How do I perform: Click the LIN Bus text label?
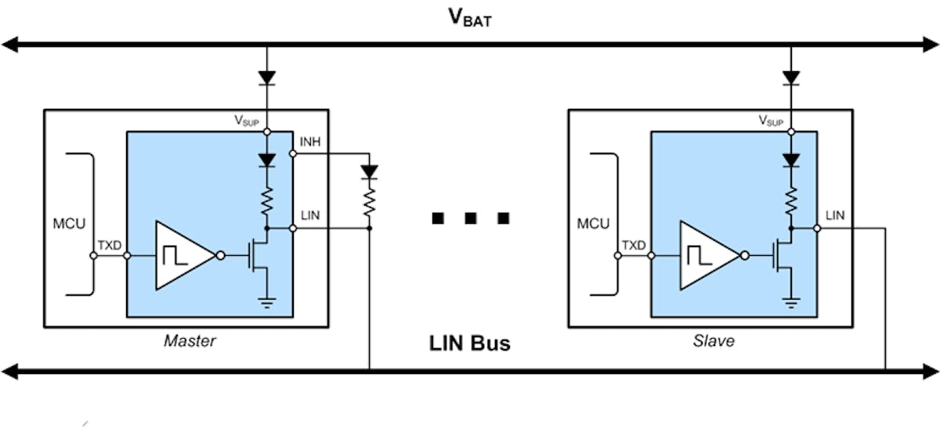click(x=469, y=342)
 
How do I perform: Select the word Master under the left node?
click(x=190, y=340)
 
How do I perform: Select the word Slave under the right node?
click(x=714, y=340)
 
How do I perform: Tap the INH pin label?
click(x=310, y=142)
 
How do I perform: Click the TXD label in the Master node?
click(x=109, y=245)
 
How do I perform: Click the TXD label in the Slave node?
click(x=634, y=245)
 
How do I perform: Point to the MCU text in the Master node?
click(x=67, y=225)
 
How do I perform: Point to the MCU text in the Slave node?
click(x=592, y=225)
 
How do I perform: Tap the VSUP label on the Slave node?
click(x=772, y=121)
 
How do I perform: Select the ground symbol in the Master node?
click(x=268, y=303)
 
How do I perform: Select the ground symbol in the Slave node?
click(x=792, y=303)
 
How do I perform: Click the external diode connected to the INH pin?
click(x=369, y=171)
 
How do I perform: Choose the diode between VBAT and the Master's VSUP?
click(x=268, y=77)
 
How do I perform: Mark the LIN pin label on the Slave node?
click(x=835, y=214)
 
